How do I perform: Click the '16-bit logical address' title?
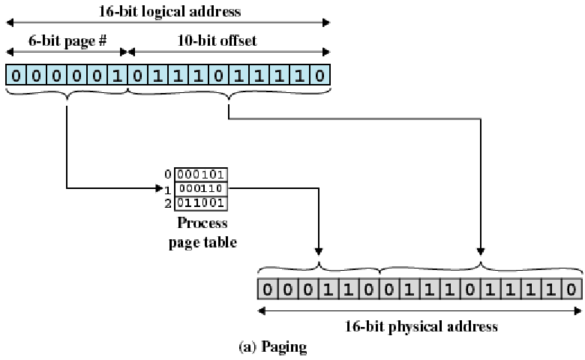click(169, 11)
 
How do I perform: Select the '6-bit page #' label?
click(67, 40)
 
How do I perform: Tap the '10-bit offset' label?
click(217, 40)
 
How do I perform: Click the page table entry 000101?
click(201, 175)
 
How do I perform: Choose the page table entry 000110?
click(201, 188)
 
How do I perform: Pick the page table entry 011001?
click(201, 203)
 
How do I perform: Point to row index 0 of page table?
click(168, 174)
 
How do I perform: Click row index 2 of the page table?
click(168, 203)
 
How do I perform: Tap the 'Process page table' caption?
click(202, 232)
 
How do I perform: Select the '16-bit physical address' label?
click(421, 326)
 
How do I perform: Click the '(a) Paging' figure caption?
click(273, 346)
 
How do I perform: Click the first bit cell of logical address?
click(16, 75)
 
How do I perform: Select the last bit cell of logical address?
click(319, 75)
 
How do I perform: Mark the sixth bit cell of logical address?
click(117, 75)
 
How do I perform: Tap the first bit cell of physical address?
click(267, 289)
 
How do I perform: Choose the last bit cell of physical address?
click(571, 289)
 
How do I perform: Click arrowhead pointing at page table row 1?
click(159, 188)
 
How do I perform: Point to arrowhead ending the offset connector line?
click(481, 251)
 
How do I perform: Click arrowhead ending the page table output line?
click(318, 251)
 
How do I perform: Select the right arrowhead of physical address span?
click(578, 310)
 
